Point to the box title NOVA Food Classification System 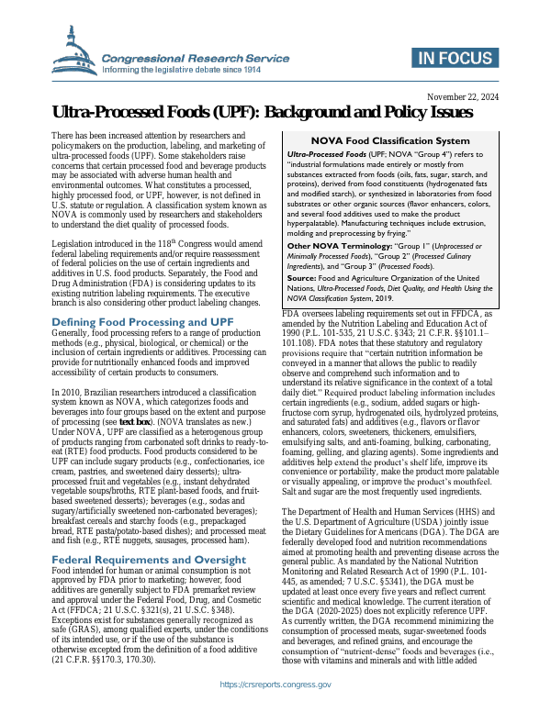pos(390,140)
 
